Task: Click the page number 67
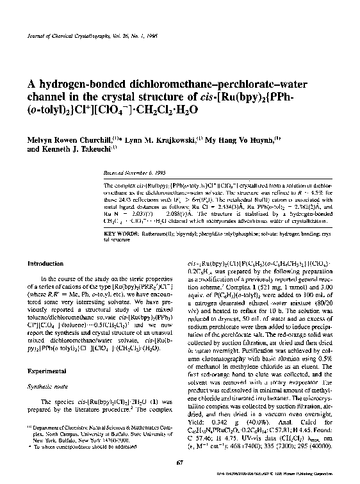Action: pos(180,462)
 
